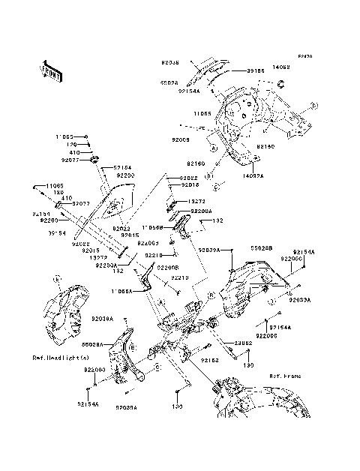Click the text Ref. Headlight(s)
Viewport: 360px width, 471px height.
point(58,358)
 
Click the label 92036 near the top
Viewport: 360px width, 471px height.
point(172,55)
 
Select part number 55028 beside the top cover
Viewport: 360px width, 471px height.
point(169,83)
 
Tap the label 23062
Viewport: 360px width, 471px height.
point(241,343)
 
